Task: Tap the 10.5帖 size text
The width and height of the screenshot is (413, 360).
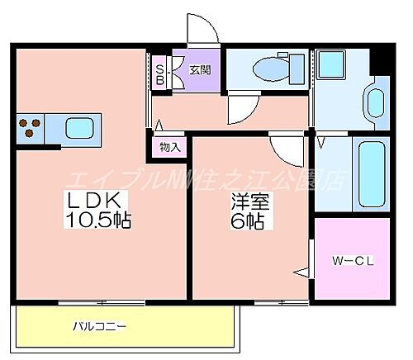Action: tap(100, 220)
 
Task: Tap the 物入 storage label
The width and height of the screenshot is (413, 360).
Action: tap(169, 148)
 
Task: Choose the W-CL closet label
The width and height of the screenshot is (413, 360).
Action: tap(354, 263)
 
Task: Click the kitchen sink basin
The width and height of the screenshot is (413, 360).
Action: tap(80, 129)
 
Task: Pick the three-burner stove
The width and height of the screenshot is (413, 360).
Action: tap(30, 129)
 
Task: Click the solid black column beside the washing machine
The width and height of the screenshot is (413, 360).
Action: tap(381, 59)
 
